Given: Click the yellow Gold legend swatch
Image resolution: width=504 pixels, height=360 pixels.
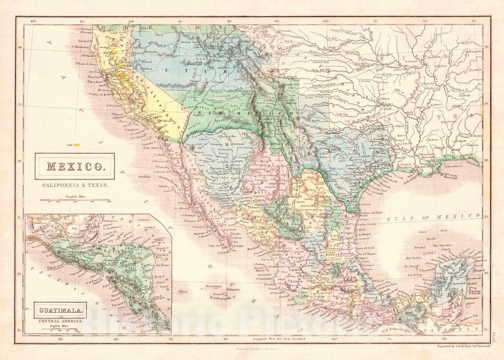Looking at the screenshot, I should (76, 145).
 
